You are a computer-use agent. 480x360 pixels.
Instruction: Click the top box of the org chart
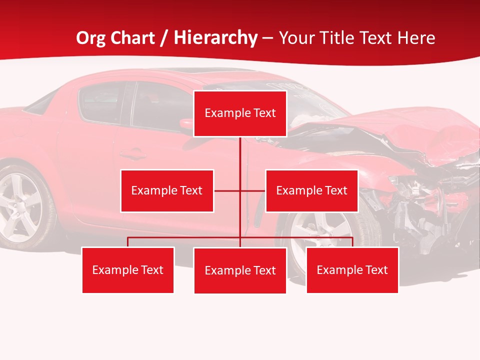tap(240, 113)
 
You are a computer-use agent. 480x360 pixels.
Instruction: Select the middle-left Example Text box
tap(167, 190)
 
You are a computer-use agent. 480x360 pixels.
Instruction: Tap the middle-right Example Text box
tap(311, 190)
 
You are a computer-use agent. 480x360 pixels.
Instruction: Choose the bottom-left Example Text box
tap(128, 270)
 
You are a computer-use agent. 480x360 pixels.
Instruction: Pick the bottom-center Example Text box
tap(240, 270)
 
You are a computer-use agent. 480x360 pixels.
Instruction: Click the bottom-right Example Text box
tap(352, 270)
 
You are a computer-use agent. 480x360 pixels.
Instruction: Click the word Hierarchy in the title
tap(215, 38)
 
